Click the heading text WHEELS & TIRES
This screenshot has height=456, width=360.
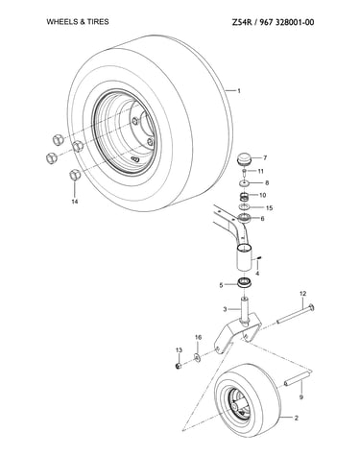78,22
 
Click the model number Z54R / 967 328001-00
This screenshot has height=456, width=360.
273,22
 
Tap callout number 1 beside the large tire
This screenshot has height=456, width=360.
239,91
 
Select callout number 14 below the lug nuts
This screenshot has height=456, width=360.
75,202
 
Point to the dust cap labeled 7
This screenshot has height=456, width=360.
245,159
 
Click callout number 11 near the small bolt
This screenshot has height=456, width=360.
261,171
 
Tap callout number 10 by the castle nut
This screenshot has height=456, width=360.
262,195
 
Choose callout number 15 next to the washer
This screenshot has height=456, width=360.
269,208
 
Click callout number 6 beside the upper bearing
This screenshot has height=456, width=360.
262,219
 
